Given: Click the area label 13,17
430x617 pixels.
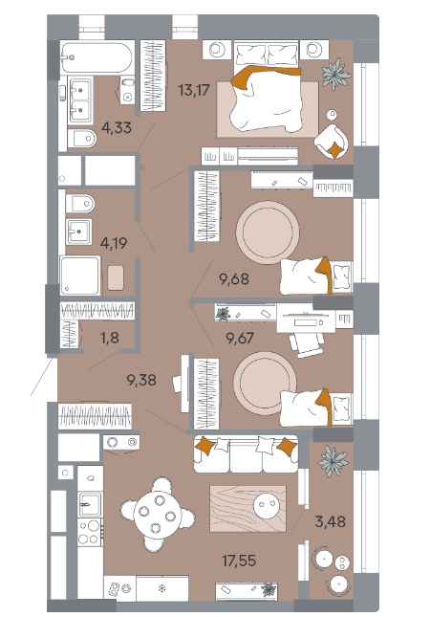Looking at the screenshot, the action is click(194, 90).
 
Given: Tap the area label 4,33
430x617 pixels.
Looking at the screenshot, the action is click(117, 127).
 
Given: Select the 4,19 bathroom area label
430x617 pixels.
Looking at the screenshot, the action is click(114, 243).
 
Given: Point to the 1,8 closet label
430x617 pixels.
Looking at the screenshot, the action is click(110, 338).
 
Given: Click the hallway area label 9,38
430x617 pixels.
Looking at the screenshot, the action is click(141, 380).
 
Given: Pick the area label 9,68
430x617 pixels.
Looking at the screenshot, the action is click(234, 279).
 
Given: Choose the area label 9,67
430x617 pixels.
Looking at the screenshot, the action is click(240, 338).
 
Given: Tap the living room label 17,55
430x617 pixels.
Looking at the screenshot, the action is click(239, 561).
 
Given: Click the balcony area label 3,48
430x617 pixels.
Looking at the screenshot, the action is click(331, 521).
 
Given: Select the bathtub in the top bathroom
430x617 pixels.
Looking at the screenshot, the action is click(97, 57).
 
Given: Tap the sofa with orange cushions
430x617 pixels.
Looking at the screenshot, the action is click(246, 453).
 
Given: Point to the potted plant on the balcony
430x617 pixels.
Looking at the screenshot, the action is click(333, 461).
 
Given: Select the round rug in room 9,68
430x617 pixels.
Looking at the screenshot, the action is click(268, 232).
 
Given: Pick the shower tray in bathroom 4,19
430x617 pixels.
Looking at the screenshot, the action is click(80, 275).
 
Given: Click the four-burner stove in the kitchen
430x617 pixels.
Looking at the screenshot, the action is click(90, 532).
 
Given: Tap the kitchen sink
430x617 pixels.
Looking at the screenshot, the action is click(90, 504).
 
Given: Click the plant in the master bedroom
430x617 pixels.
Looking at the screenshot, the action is click(335, 74).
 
